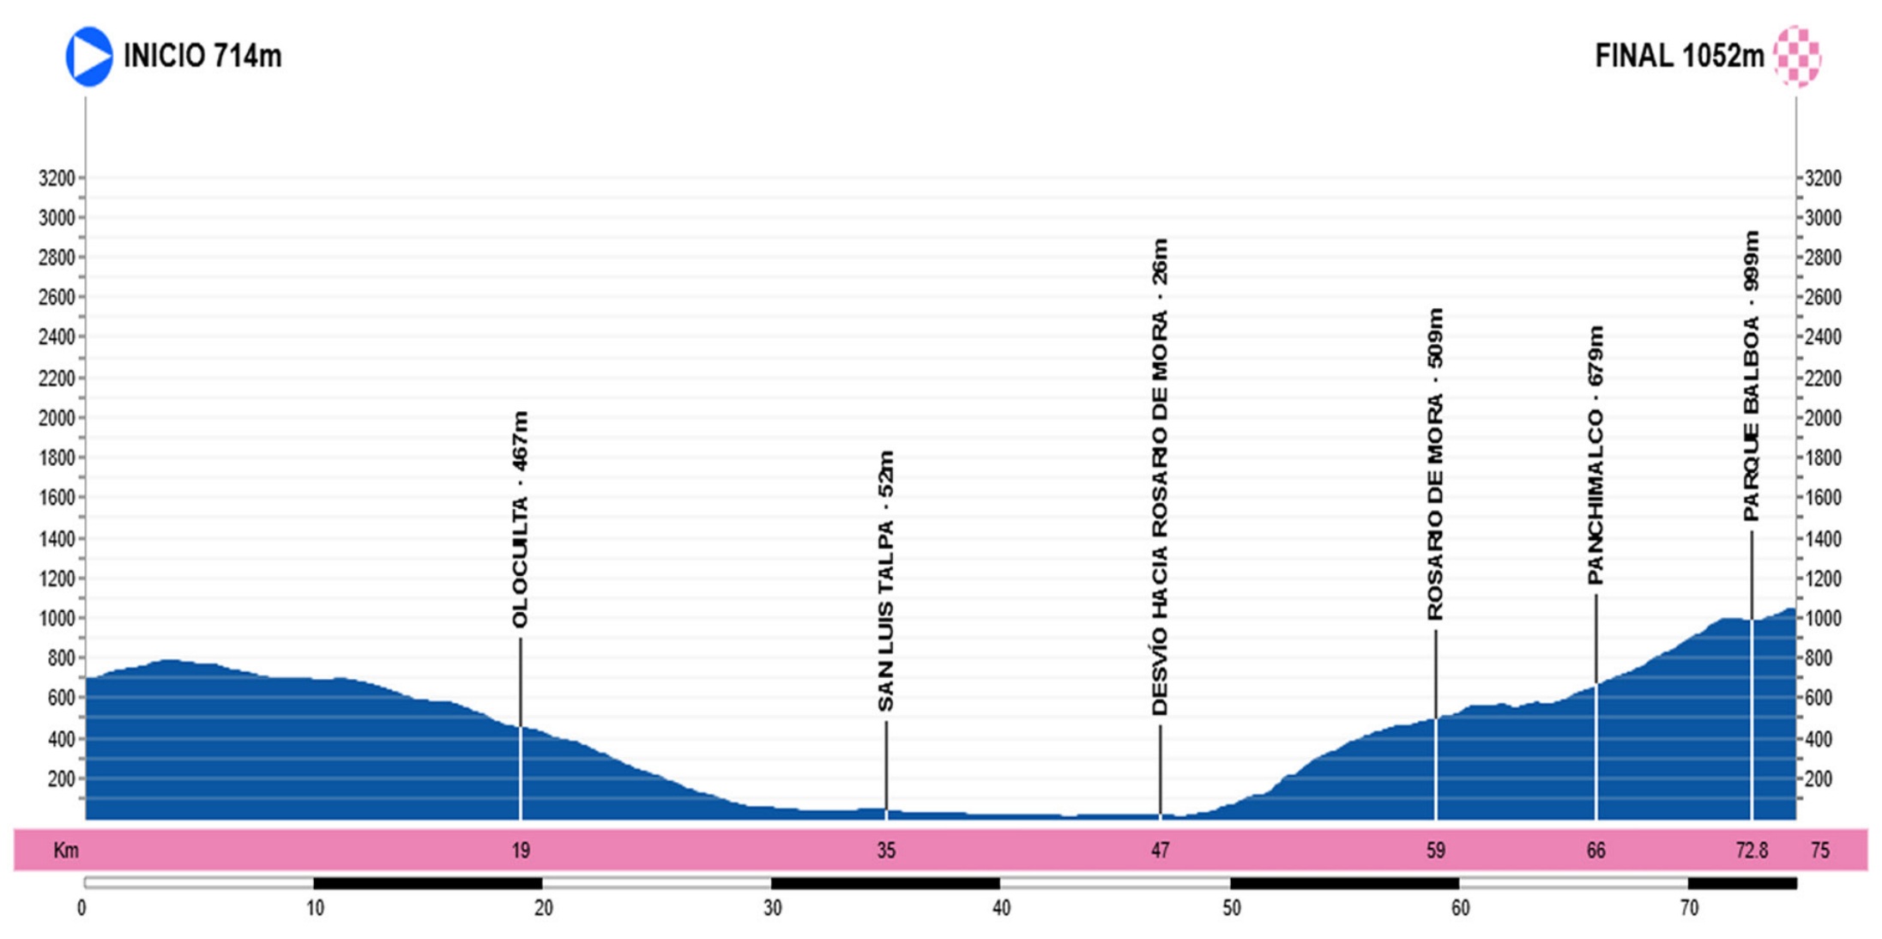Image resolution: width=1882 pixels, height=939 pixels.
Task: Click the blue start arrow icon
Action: [88, 57]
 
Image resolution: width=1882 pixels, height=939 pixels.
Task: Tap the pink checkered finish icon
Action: [1797, 57]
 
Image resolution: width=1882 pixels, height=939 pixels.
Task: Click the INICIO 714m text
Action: [202, 57]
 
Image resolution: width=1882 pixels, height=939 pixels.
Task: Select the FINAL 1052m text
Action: [1679, 57]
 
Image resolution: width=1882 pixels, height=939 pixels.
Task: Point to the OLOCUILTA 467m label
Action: [520, 520]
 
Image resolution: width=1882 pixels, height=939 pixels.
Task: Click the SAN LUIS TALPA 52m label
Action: [886, 581]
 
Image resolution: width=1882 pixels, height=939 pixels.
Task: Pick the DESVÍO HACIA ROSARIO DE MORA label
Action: [1160, 477]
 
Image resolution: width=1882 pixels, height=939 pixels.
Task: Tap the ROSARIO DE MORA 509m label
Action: [1435, 464]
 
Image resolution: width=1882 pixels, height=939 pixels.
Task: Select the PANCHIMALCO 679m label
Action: [1595, 455]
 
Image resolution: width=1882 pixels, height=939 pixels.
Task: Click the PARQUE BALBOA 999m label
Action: [1751, 376]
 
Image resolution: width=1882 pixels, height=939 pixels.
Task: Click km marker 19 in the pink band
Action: [521, 851]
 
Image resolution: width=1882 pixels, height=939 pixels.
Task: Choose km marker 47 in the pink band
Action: [1160, 851]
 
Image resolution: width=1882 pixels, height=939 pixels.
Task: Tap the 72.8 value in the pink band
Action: [1752, 851]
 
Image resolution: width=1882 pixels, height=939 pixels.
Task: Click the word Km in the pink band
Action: [66, 851]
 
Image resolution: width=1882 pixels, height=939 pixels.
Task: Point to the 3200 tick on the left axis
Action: [57, 179]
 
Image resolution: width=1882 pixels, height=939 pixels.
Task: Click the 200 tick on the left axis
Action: [62, 779]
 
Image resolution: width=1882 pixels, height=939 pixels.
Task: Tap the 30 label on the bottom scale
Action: [773, 908]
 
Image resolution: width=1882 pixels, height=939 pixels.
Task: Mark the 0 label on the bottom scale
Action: [81, 908]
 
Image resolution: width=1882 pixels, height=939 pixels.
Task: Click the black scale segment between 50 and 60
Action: [1344, 883]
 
